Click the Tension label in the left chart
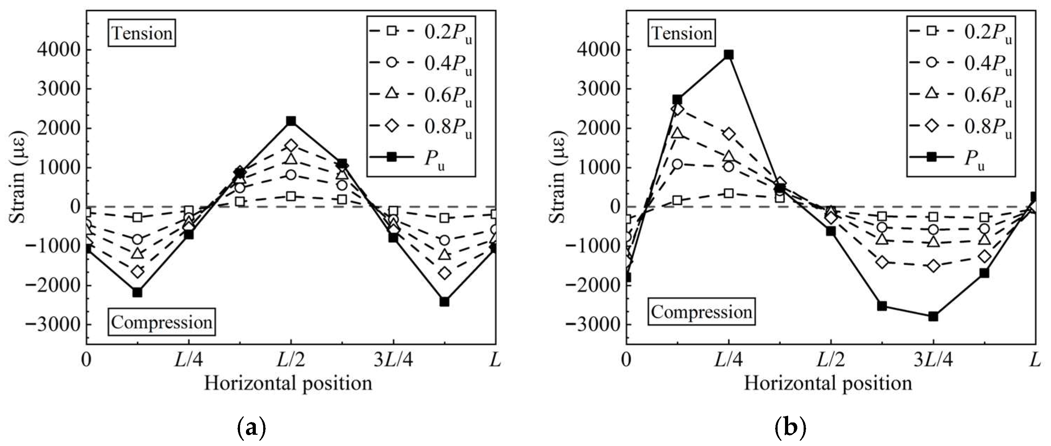pyautogui.click(x=142, y=33)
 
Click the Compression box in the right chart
pyautogui.click(x=701, y=312)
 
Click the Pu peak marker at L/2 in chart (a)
pyautogui.click(x=291, y=121)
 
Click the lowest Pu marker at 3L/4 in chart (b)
pyautogui.click(x=933, y=316)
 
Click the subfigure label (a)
pyautogui.click(x=251, y=429)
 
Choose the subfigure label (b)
pyautogui.click(x=790, y=429)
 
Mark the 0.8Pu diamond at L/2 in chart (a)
pyautogui.click(x=291, y=145)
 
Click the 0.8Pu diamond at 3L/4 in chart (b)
pyautogui.click(x=933, y=266)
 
